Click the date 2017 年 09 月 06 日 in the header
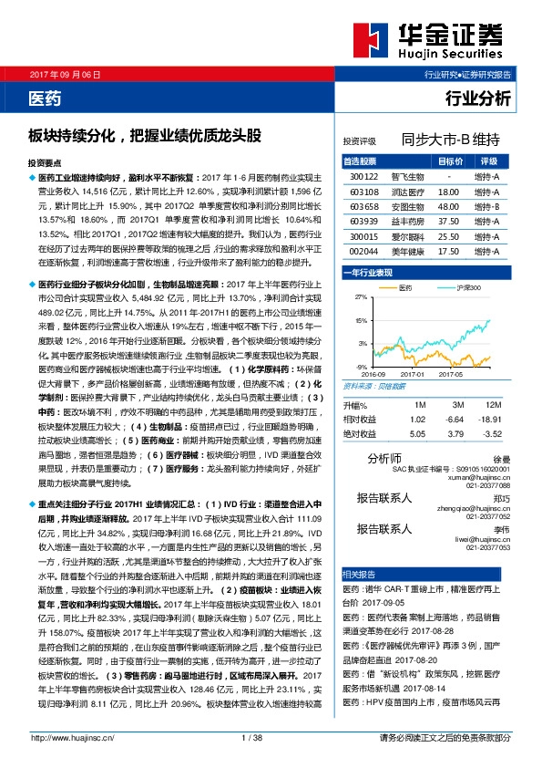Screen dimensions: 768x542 click(66, 74)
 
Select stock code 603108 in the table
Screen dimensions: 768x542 click(363, 193)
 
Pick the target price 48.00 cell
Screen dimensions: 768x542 click(448, 206)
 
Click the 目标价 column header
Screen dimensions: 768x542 click(448, 161)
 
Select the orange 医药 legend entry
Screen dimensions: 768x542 click(402, 286)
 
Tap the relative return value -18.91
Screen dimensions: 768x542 click(490, 419)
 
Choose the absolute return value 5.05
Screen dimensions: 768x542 click(418, 433)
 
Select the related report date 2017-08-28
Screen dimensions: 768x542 click(453, 628)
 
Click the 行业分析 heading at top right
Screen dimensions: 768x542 click(477, 96)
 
